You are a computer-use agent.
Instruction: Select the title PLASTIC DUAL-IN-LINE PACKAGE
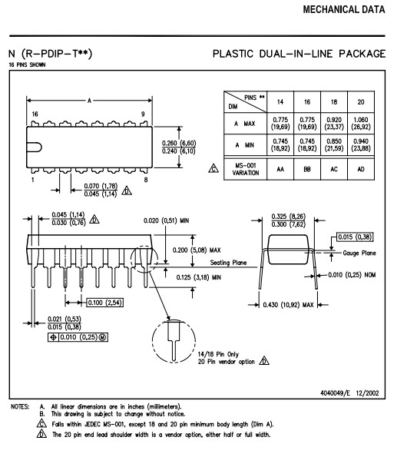click(299, 54)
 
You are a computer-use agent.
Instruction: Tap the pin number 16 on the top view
click(35, 114)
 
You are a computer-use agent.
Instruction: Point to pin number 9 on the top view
click(143, 114)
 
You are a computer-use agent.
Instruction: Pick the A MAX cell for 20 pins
click(361, 123)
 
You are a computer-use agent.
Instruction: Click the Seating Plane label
click(229, 263)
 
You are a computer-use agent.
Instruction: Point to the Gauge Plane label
click(359, 252)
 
